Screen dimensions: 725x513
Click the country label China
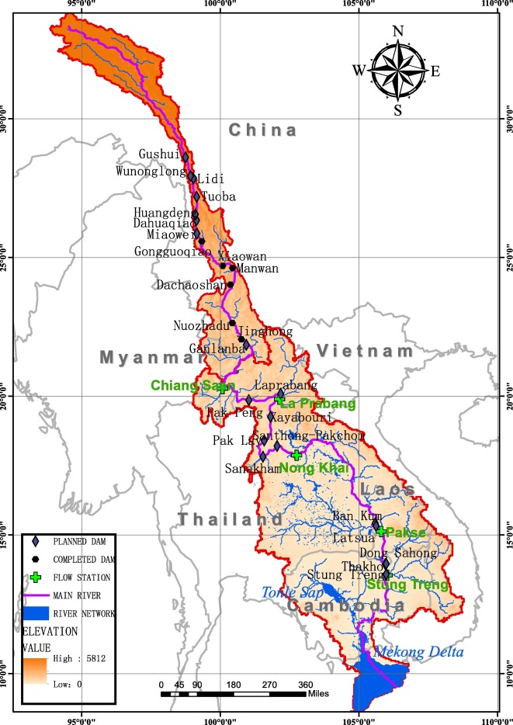tap(263, 130)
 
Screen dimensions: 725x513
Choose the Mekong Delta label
tap(419, 652)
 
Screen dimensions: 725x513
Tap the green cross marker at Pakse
tap(381, 531)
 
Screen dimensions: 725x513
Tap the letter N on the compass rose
tap(398, 32)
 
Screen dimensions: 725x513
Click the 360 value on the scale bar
tap(305, 685)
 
